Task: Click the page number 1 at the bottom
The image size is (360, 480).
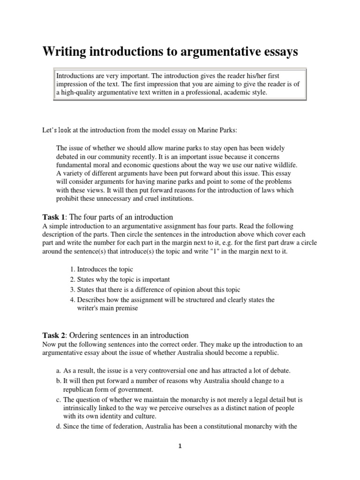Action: (180, 446)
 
